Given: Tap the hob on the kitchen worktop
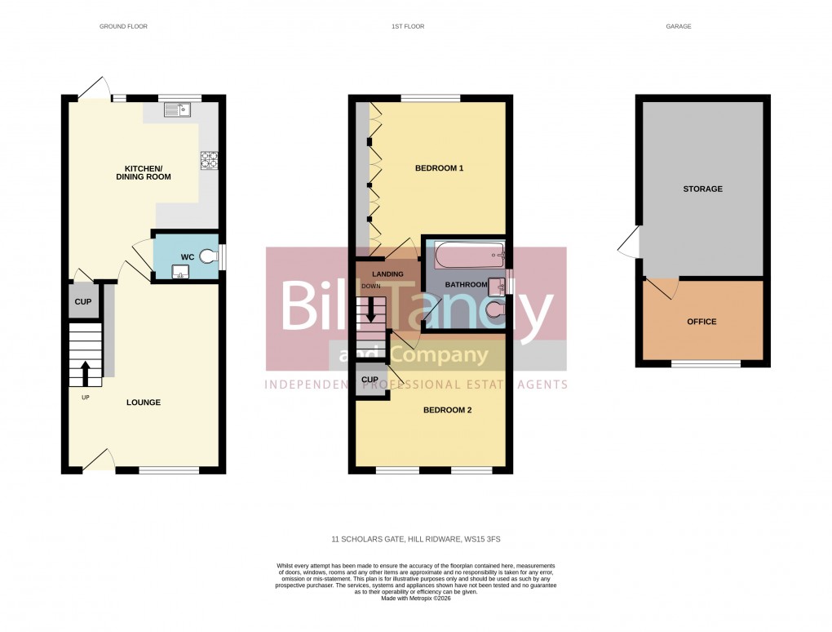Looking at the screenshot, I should tap(208, 160).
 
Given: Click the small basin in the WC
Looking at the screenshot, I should tap(180, 273).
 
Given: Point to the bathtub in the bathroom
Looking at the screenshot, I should tap(470, 256).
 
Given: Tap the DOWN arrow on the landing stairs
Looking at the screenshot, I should tap(372, 308).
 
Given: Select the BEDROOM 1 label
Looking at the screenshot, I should tap(439, 168).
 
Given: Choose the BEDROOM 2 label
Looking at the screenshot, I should tap(447, 411).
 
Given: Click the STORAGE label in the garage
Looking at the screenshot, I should tap(702, 189).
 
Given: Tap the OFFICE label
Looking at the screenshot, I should tap(701, 322).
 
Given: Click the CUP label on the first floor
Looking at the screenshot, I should tap(370, 380).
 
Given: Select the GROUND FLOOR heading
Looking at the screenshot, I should tap(123, 27).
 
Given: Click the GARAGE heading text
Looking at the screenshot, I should tap(678, 27).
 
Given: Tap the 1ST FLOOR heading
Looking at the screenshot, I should tap(408, 27).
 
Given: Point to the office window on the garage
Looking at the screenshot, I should tap(706, 363).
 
